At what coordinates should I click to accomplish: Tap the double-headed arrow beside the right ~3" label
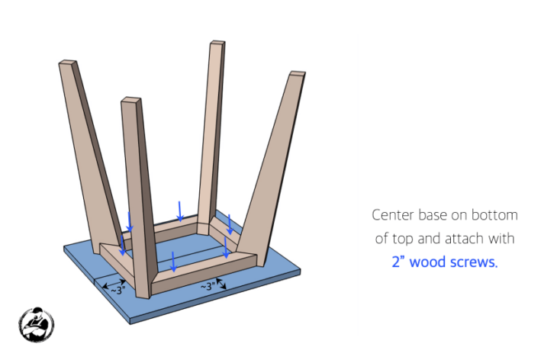(222, 284)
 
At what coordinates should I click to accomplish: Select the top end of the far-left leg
(67, 64)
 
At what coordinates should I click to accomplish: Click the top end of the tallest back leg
(217, 45)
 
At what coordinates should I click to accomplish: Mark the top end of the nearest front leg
(132, 101)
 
